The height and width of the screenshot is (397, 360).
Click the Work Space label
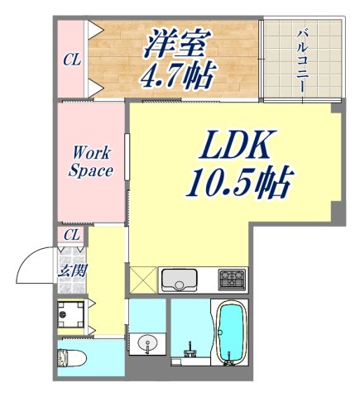coord(92,161)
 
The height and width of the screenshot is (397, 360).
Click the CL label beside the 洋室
coord(73,60)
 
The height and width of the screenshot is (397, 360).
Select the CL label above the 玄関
coord(73,236)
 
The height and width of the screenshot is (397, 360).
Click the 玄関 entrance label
coord(70,270)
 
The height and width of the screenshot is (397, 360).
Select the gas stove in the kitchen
coord(231,279)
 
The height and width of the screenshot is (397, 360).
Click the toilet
coord(72,358)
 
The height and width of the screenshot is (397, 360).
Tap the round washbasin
coord(148,342)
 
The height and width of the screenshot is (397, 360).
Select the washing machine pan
coord(73,314)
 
